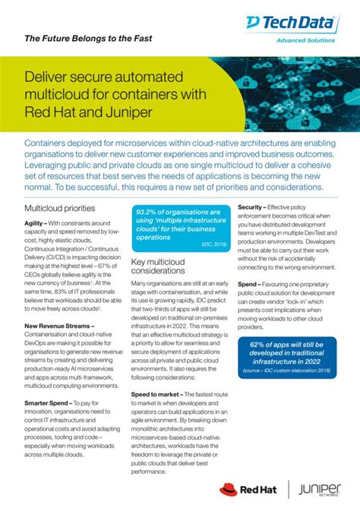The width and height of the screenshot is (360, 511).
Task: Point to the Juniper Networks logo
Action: pyautogui.click(x=320, y=490)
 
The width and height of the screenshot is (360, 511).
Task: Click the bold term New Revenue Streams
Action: pyautogui.click(x=58, y=324)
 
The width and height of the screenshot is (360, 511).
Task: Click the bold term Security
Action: pyautogui.click(x=251, y=207)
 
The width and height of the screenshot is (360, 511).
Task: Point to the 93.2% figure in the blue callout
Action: pyautogui.click(x=151, y=212)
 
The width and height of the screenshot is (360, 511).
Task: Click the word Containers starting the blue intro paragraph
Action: pyautogui.click(x=51, y=143)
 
